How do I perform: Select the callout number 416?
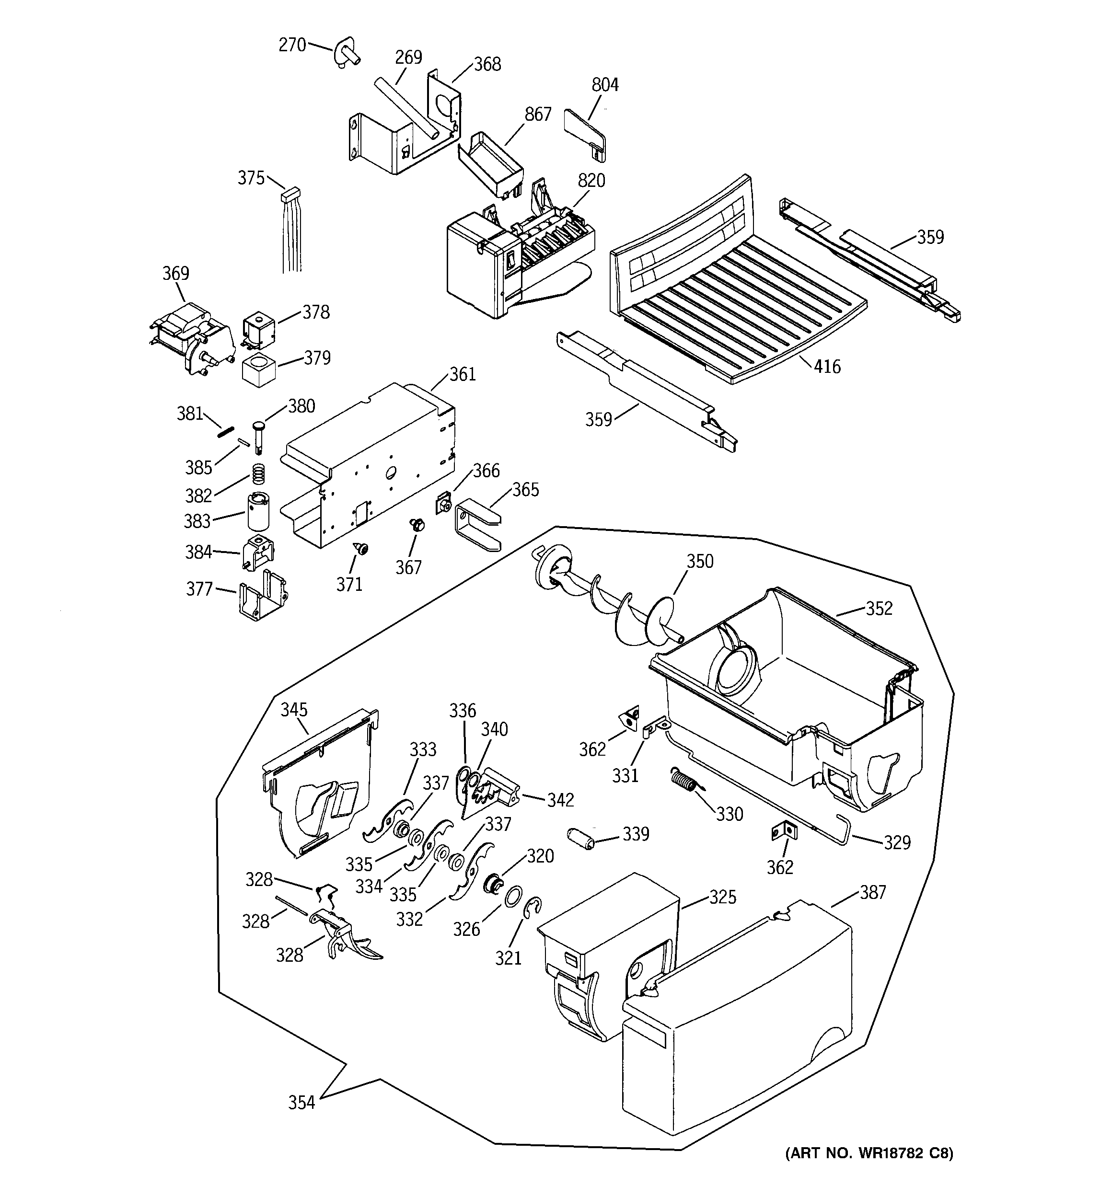827,366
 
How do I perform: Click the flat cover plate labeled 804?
584,131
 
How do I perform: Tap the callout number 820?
591,181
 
